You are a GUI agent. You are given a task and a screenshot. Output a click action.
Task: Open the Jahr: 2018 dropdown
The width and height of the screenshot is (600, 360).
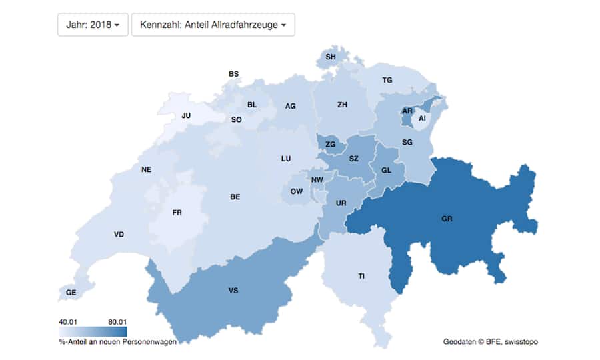pyautogui.click(x=93, y=25)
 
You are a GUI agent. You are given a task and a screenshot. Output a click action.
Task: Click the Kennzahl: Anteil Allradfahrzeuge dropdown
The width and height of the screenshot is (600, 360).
pyautogui.click(x=213, y=25)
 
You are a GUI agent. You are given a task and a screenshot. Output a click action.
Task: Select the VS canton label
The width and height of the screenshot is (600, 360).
pyautogui.click(x=233, y=290)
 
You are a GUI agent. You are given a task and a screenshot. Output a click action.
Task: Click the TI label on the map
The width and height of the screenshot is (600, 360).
pyautogui.click(x=361, y=275)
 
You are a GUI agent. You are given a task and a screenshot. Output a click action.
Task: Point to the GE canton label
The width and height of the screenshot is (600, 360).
pyautogui.click(x=71, y=292)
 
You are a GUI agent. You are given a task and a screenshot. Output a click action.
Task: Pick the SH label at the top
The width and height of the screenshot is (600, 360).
pyautogui.click(x=331, y=57)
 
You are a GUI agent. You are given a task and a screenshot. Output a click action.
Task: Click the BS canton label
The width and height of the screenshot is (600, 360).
pyautogui.click(x=233, y=73)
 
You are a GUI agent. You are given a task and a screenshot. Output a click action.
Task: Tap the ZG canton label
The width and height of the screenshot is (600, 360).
pyautogui.click(x=331, y=144)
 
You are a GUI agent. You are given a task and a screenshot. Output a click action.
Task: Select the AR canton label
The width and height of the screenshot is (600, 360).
pyautogui.click(x=407, y=111)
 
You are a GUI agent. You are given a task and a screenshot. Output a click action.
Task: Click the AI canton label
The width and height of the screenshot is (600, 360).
pyautogui.click(x=422, y=118)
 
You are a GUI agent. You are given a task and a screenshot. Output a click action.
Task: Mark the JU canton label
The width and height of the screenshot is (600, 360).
pyautogui.click(x=187, y=115)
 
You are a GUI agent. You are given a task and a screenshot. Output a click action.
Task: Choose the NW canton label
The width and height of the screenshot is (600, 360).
pyautogui.click(x=317, y=179)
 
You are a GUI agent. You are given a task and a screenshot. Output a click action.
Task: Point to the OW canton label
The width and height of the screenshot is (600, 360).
pyautogui.click(x=297, y=191)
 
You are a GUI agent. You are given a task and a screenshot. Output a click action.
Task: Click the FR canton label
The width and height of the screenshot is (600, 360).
pyautogui.click(x=177, y=213)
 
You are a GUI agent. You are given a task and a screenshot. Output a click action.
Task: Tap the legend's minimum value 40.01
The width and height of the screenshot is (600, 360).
pyautogui.click(x=69, y=321)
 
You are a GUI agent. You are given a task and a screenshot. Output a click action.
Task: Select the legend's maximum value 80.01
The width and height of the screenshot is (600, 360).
pyautogui.click(x=117, y=321)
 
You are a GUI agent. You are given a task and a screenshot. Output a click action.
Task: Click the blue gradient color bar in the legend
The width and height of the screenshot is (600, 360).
pyautogui.click(x=93, y=331)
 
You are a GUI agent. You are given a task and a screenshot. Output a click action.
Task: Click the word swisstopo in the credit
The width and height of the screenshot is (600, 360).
pyautogui.click(x=521, y=341)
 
